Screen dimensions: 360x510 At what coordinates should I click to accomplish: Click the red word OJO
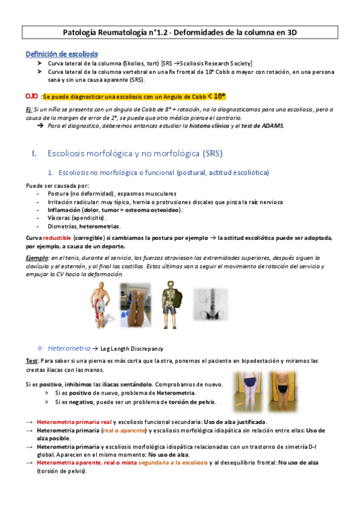click(x=32, y=96)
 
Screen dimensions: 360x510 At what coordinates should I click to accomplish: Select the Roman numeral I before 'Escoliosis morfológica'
click(x=34, y=154)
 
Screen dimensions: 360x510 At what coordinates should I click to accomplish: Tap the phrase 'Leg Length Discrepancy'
click(x=132, y=348)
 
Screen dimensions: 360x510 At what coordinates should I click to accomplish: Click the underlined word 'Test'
click(x=32, y=361)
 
